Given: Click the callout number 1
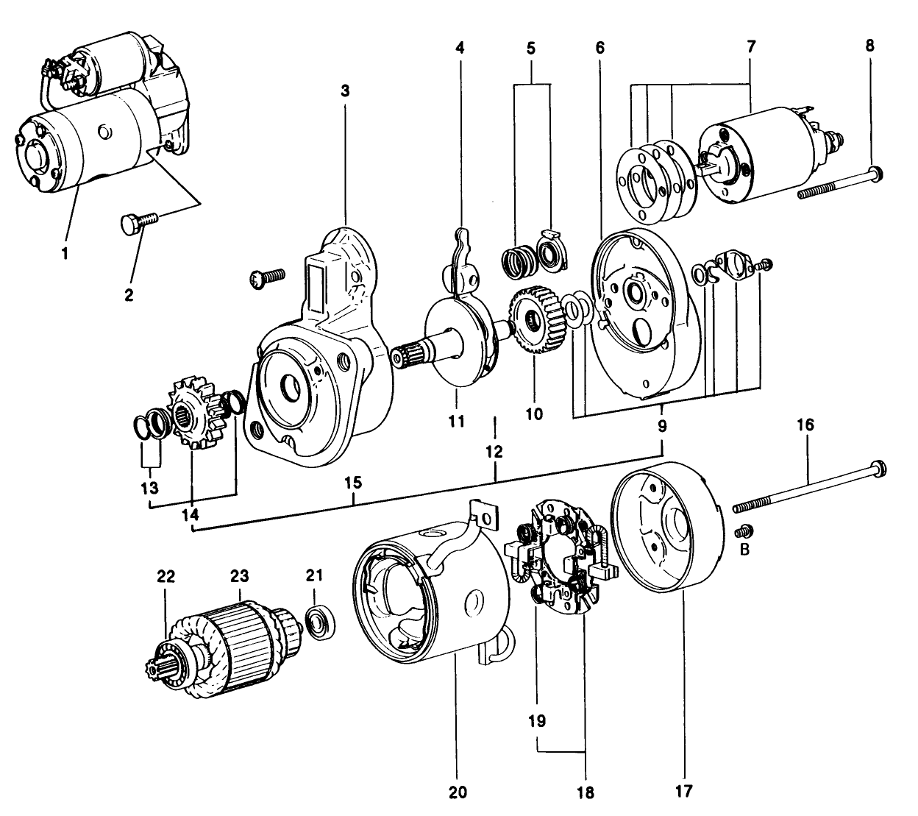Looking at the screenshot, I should click(65, 254).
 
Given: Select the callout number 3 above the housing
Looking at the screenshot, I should click(345, 91).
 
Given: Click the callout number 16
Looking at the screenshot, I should click(808, 425).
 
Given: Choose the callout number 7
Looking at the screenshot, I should click(750, 46).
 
